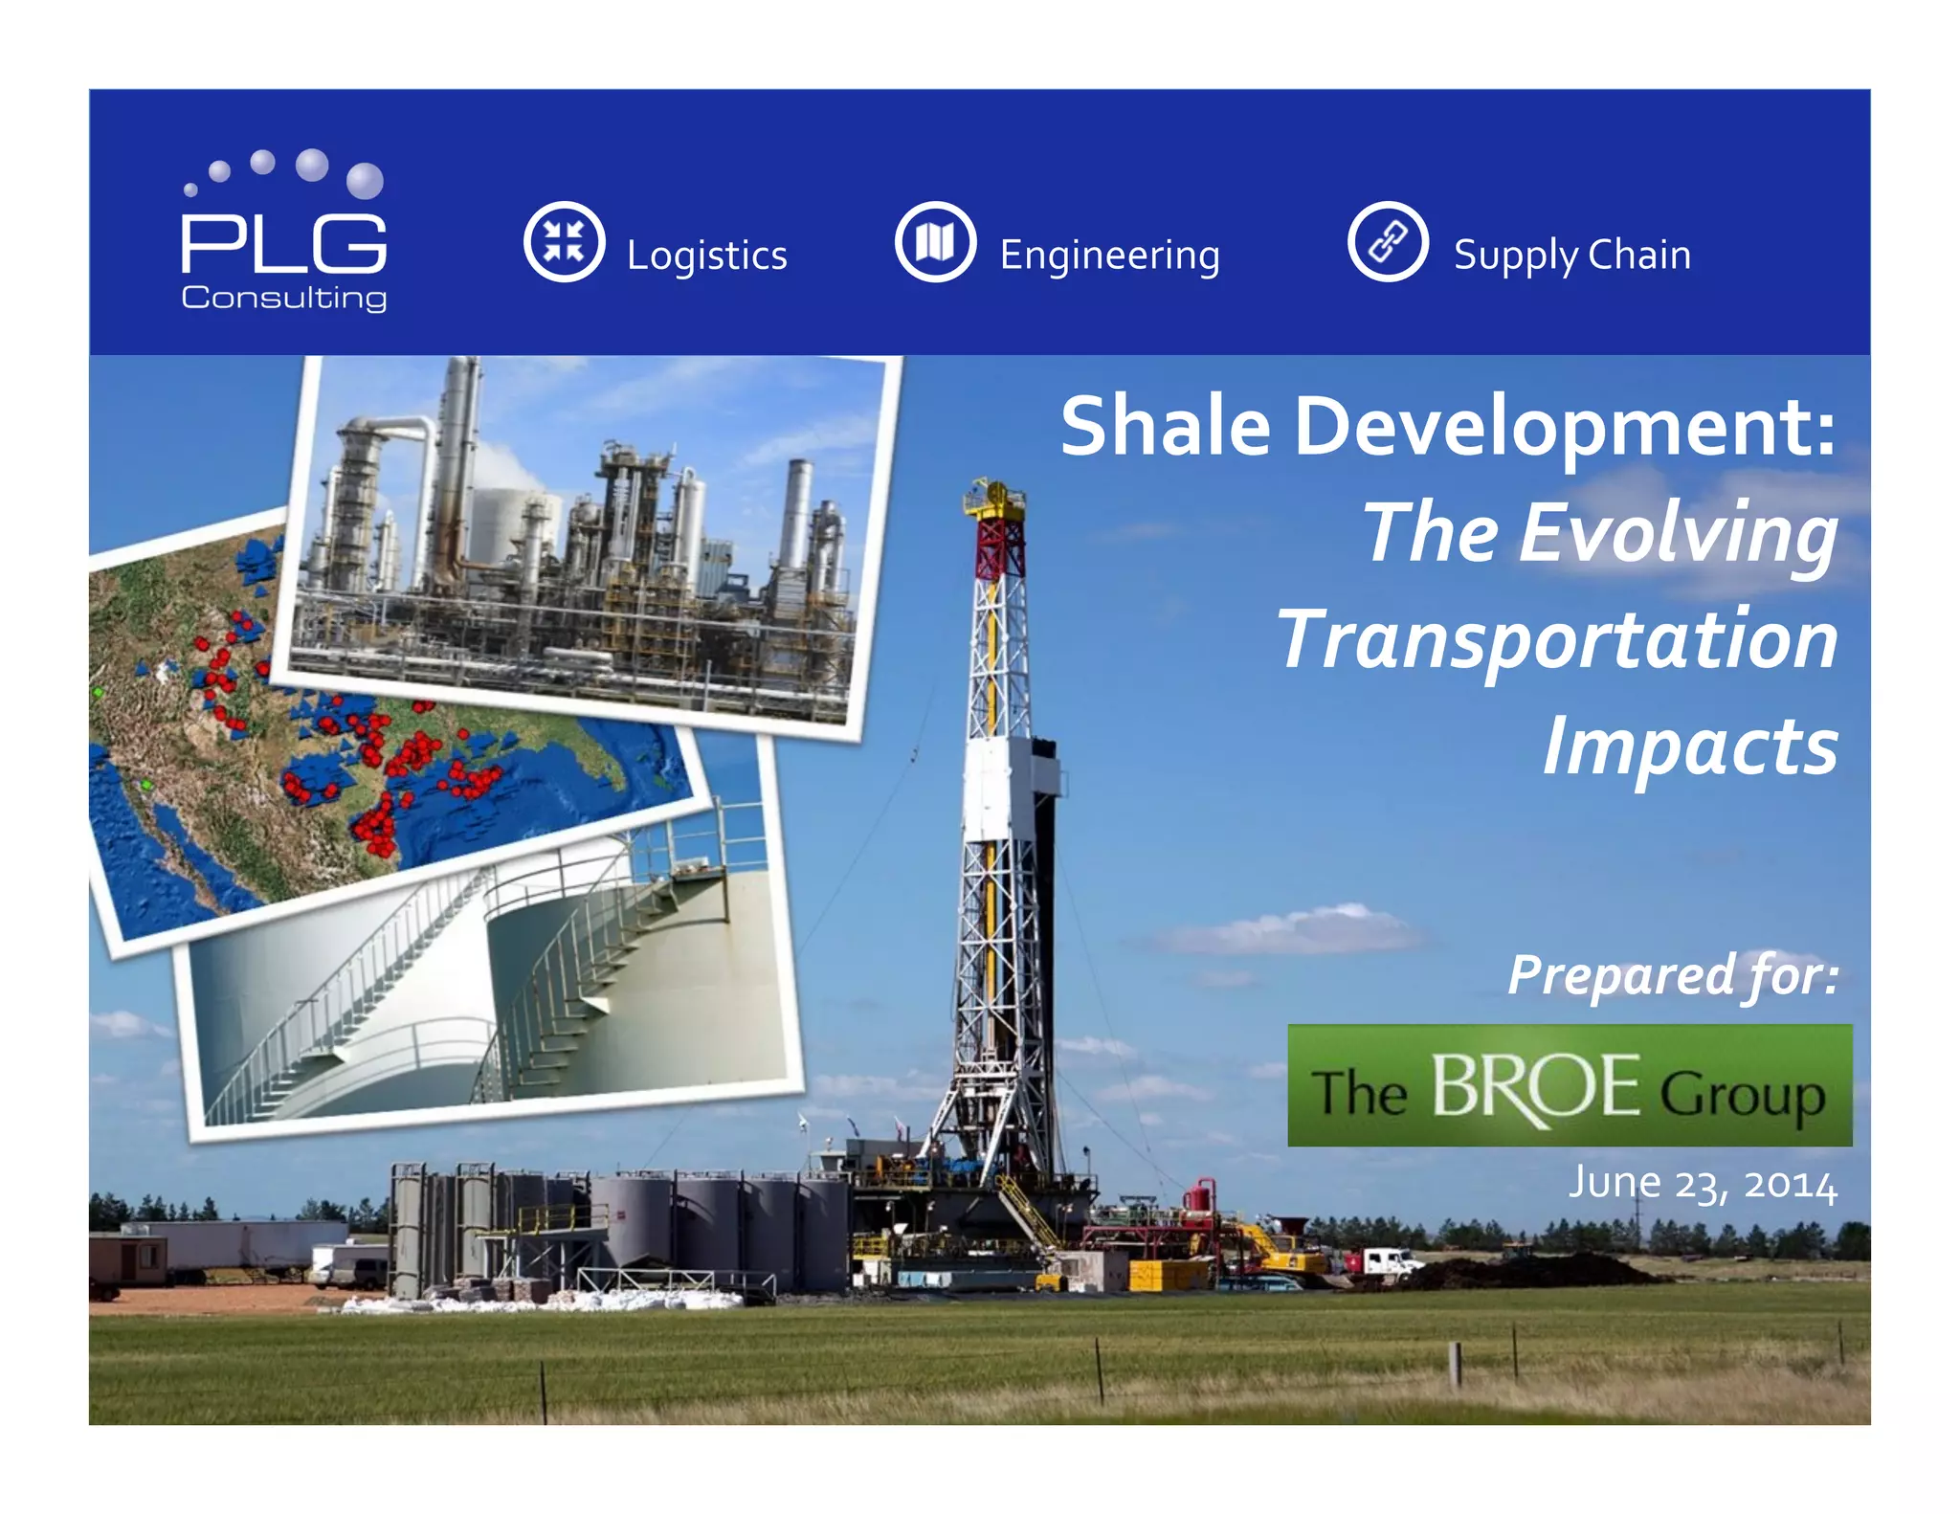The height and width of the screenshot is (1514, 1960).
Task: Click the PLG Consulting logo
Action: (284, 233)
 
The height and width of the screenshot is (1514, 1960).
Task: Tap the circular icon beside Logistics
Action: (564, 241)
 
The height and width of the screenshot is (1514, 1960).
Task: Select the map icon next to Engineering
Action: (935, 241)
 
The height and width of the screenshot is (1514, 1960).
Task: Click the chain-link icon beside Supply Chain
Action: (1388, 241)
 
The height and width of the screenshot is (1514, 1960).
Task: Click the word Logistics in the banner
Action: (706, 256)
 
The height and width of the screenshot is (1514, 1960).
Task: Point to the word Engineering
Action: (1109, 256)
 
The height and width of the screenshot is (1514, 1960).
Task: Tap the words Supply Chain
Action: (1571, 256)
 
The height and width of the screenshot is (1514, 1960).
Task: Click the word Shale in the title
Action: (1165, 427)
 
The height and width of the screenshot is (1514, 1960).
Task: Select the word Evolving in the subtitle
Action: (1677, 534)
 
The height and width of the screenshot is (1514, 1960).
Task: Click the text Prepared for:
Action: (1672, 975)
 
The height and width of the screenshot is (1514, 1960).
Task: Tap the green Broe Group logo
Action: (1569, 1085)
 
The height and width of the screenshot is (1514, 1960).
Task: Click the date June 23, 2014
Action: (1702, 1184)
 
